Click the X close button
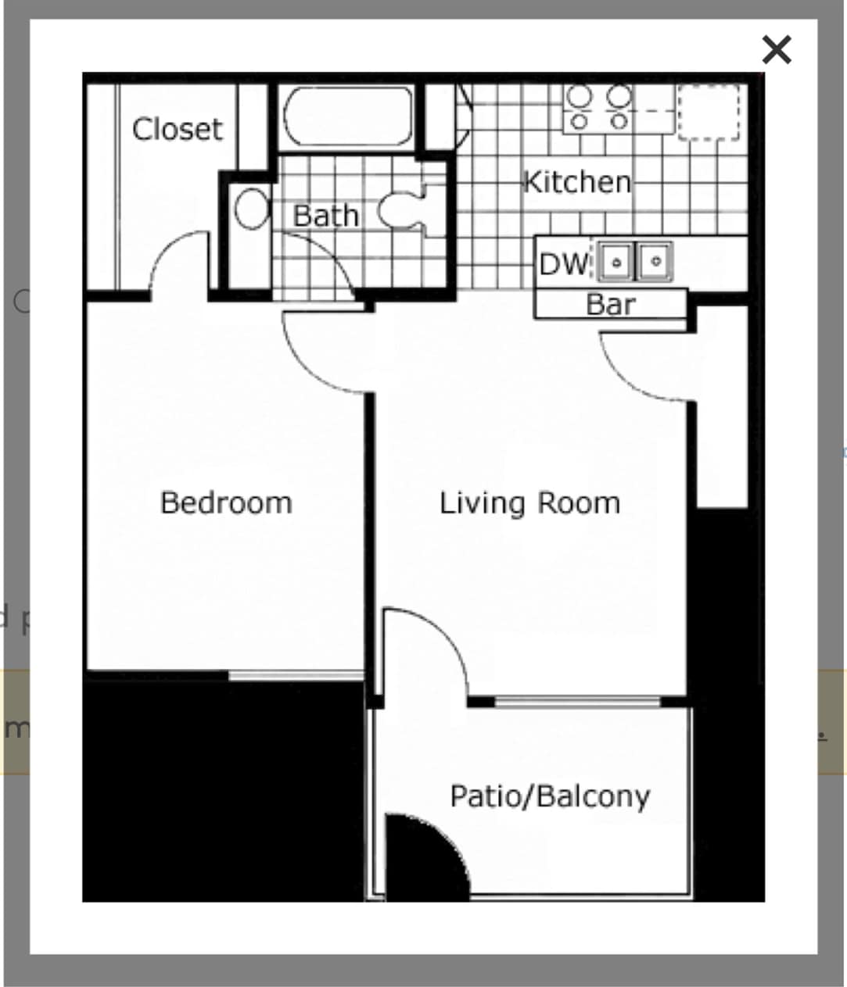tap(776, 50)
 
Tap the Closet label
tap(177, 129)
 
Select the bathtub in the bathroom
tap(348, 116)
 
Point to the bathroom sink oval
tap(252, 209)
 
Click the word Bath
tap(325, 216)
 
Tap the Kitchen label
tap(576, 182)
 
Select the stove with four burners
tap(599, 107)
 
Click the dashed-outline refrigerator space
tap(709, 112)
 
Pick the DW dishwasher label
tap(563, 264)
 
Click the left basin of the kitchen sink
tap(616, 262)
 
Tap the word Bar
tap(610, 304)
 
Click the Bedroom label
tap(226, 502)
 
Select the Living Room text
tap(529, 502)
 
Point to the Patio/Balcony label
tap(550, 796)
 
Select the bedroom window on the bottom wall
tap(297, 674)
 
